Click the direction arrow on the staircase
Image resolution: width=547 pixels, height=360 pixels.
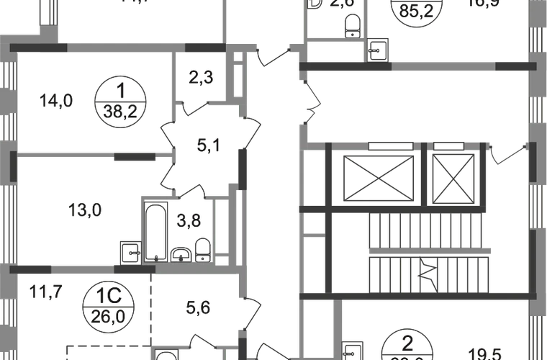(425, 272)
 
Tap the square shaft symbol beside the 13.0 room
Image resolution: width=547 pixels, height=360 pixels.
(130, 253)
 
